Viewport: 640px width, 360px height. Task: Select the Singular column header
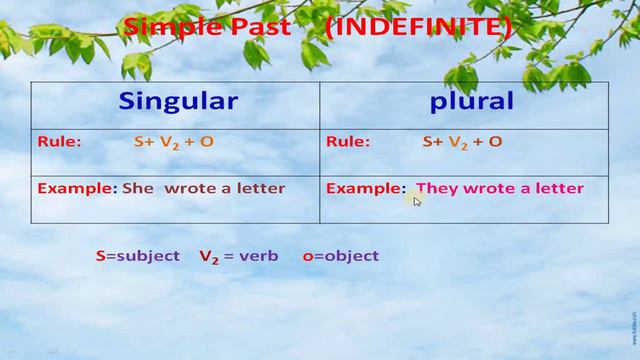pos(178,101)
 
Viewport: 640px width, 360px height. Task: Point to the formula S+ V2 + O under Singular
pos(174,142)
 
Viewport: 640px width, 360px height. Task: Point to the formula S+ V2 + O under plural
pos(462,142)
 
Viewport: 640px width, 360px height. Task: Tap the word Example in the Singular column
pos(76,188)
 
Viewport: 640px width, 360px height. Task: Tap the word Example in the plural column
pos(365,188)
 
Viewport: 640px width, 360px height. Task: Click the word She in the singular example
pos(138,188)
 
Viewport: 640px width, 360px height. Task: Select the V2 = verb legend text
pos(238,256)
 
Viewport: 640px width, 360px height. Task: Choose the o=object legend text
pos(341,256)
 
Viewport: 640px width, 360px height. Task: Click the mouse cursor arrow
pos(417,201)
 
